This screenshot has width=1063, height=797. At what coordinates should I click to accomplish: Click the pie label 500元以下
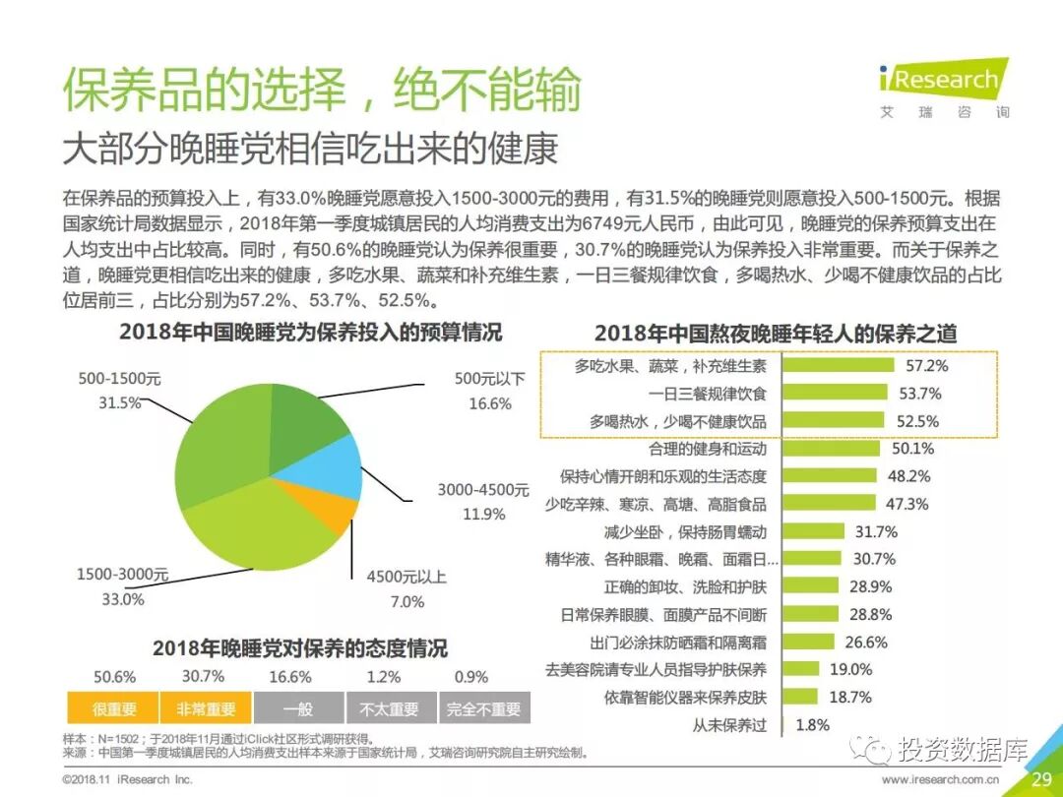489,379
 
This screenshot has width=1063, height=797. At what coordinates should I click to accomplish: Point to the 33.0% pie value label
123,598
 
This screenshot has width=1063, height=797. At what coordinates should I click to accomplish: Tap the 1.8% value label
812,725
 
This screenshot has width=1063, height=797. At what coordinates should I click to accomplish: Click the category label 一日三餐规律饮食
708,394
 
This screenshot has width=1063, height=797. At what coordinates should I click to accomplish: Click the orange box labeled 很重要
114,708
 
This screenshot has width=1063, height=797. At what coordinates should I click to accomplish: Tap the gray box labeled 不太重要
389,708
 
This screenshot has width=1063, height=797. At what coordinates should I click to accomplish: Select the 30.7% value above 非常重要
203,676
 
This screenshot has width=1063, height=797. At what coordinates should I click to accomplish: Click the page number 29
1041,779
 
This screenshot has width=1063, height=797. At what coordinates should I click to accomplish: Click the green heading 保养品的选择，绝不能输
322,90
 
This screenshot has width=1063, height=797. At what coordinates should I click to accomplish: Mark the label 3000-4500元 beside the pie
483,489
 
